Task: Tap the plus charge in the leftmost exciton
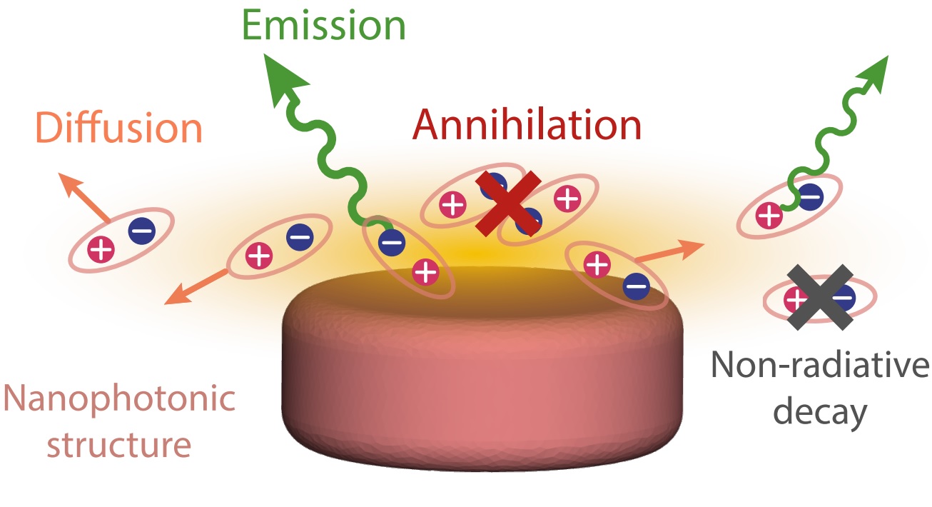click(x=101, y=249)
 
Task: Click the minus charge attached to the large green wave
click(x=391, y=242)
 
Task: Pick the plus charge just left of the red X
click(x=452, y=206)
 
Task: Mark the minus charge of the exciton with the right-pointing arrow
click(x=636, y=287)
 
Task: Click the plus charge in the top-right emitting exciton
click(x=769, y=214)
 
